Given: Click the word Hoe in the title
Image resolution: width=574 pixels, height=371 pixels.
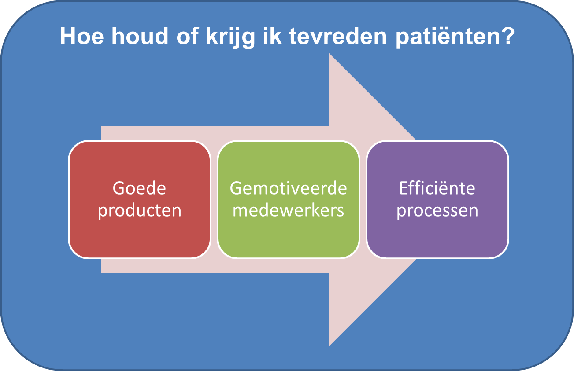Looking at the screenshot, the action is (82, 36).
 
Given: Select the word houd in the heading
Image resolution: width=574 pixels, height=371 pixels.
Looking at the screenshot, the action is (140, 36).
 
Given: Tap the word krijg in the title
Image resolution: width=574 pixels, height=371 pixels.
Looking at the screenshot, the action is (230, 38).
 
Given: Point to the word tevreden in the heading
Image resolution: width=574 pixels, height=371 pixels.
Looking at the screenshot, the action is (338, 36).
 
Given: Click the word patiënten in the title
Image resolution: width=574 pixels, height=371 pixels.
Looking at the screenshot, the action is (448, 38).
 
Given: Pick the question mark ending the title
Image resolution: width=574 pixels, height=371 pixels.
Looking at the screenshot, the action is (508, 36).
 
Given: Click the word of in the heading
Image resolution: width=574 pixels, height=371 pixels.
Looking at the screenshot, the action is (187, 36).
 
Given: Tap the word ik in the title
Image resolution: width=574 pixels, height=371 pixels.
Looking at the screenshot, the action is (272, 36).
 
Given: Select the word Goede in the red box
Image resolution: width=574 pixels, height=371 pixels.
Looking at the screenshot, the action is (139, 188).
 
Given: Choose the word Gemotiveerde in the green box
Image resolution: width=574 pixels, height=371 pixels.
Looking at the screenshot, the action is (288, 188).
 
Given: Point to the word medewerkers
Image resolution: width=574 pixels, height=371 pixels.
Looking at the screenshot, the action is (288, 210).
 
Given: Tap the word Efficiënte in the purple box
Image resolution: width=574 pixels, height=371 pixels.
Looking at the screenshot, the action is (437, 188).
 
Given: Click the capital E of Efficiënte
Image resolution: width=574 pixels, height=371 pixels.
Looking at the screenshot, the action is (404, 188).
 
